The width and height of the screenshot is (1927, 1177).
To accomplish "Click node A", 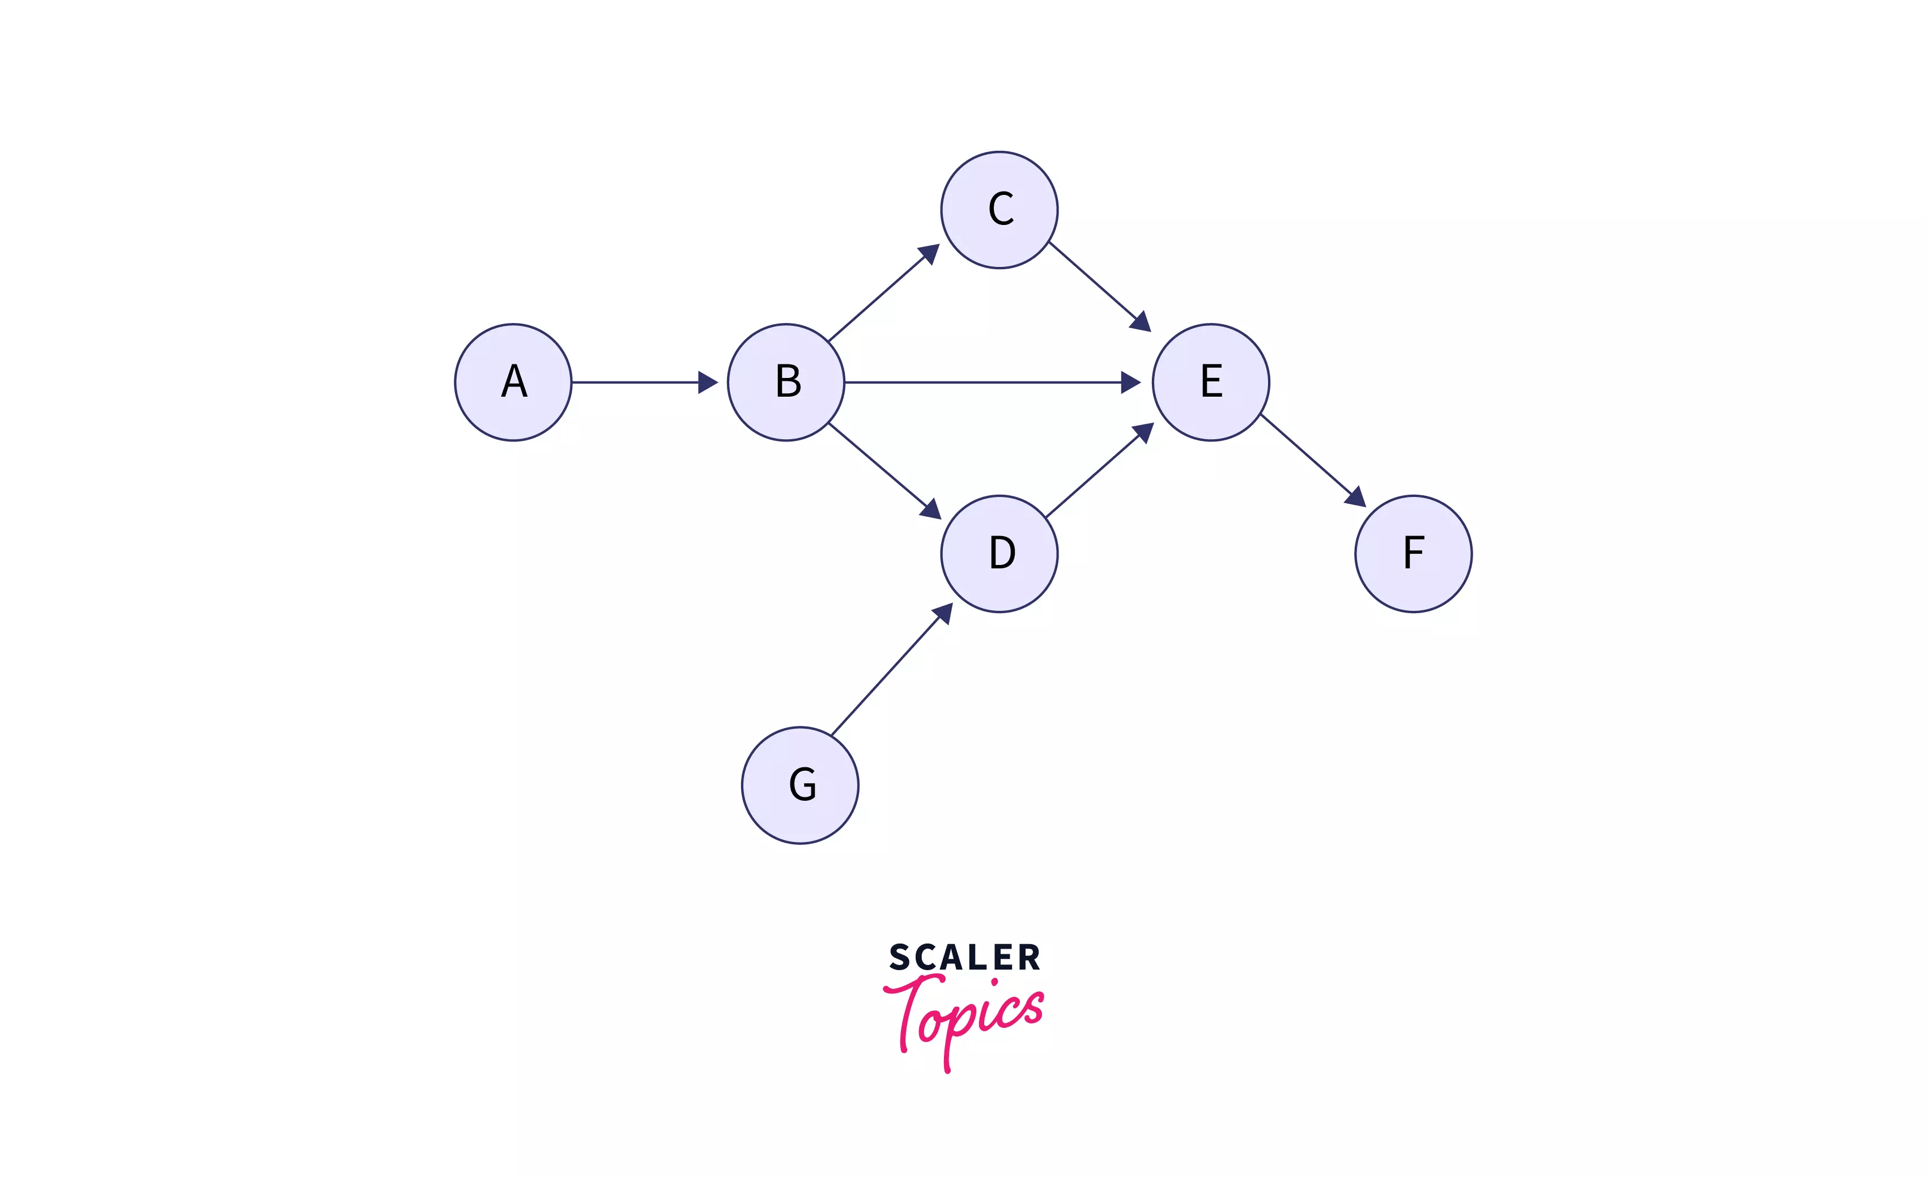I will [513, 383].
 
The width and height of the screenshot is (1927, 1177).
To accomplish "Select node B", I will [786, 383].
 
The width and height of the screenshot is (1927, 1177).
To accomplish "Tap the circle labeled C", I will [999, 210].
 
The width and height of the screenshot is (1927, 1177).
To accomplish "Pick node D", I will [999, 554].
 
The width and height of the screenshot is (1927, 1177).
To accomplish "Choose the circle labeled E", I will [1211, 383].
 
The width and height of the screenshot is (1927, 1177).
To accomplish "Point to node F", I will [1413, 554].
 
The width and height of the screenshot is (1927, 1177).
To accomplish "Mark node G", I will [800, 785].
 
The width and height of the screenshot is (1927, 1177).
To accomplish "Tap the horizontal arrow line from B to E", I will [985, 383].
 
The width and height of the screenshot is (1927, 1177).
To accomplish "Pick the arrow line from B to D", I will [878, 465].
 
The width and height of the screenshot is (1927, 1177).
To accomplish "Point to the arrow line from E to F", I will [1306, 454].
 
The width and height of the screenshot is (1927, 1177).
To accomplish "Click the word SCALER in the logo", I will [964, 957].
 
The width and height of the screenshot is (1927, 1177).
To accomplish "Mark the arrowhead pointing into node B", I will [708, 383].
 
